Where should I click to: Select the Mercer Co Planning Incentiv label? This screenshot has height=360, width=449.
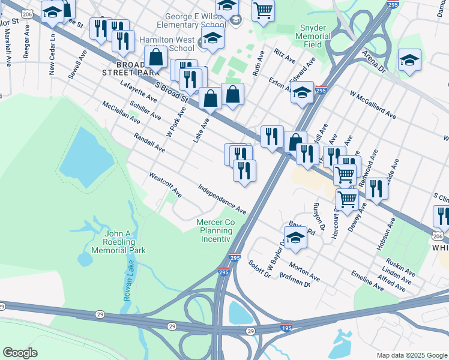(215, 230)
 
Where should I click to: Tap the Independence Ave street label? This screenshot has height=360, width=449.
(223, 199)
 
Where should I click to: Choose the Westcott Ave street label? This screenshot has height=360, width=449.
(165, 185)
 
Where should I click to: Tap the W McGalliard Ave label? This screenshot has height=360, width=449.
(373, 104)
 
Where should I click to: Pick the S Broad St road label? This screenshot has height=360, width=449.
(173, 91)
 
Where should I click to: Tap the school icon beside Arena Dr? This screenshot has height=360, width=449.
(409, 60)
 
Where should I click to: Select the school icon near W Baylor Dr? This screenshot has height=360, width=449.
(295, 237)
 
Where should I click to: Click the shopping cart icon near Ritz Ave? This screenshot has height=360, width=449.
(263, 10)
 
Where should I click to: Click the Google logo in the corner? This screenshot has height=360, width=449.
(20, 353)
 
